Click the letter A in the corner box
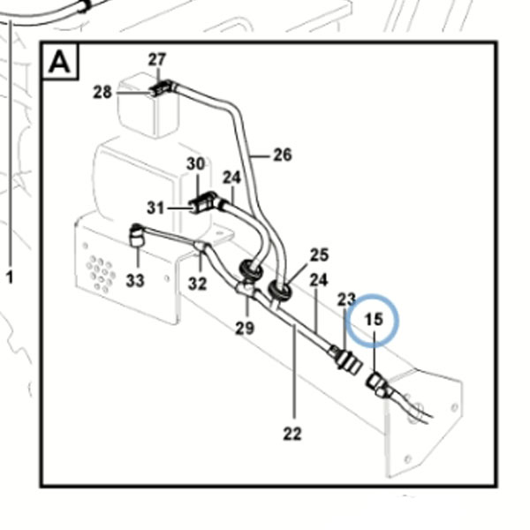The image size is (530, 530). pyautogui.click(x=59, y=62)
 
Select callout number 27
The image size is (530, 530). pyautogui.click(x=157, y=59)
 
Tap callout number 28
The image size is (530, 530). pyautogui.click(x=102, y=92)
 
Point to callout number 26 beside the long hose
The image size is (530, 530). pyautogui.click(x=283, y=155)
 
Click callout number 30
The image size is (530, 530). pyautogui.click(x=196, y=164)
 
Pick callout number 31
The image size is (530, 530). pyautogui.click(x=155, y=208)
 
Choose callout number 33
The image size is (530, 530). pyautogui.click(x=135, y=280)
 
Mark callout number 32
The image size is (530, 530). pyautogui.click(x=197, y=284)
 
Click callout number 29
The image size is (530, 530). pyautogui.click(x=245, y=328)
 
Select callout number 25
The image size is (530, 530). pyautogui.click(x=319, y=255)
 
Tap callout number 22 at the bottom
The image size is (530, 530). pyautogui.click(x=292, y=434)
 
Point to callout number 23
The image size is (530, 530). pyautogui.click(x=346, y=299)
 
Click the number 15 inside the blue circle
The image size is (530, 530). pyautogui.click(x=375, y=320)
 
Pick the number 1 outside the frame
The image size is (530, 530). pyautogui.click(x=10, y=277)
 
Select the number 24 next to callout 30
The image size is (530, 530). pyautogui.click(x=231, y=178)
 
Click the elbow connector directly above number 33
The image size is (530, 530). pyautogui.click(x=137, y=235)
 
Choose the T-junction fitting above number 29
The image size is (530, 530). pyautogui.click(x=246, y=288)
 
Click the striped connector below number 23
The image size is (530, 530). pyautogui.click(x=349, y=361)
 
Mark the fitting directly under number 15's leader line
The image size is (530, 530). pyautogui.click(x=378, y=384)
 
